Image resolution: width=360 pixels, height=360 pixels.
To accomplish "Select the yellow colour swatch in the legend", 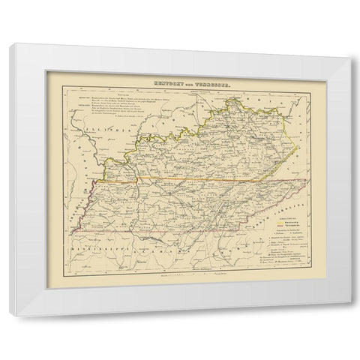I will click(273, 223).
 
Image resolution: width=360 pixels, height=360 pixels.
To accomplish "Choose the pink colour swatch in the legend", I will click(273, 227).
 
